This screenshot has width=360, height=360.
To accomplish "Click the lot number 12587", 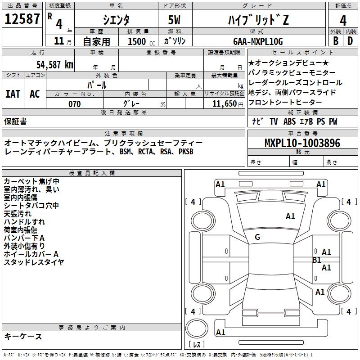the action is [x=22, y=20].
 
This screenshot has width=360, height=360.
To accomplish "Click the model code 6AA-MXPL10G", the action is [x=257, y=41].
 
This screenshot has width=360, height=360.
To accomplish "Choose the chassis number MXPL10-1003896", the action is [x=302, y=143].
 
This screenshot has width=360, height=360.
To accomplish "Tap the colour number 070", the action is [x=74, y=104].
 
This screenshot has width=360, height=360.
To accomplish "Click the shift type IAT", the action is [x=13, y=94].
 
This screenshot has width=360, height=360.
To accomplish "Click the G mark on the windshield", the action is [x=257, y=237].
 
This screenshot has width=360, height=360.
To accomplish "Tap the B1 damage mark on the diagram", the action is [x=316, y=260].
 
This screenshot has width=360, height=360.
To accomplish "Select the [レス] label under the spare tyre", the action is [x=197, y=345].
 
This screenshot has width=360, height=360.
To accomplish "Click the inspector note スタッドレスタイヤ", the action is [x=34, y=262].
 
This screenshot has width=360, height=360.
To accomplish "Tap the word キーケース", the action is [x=23, y=336].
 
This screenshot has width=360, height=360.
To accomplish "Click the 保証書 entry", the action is [x=15, y=121].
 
